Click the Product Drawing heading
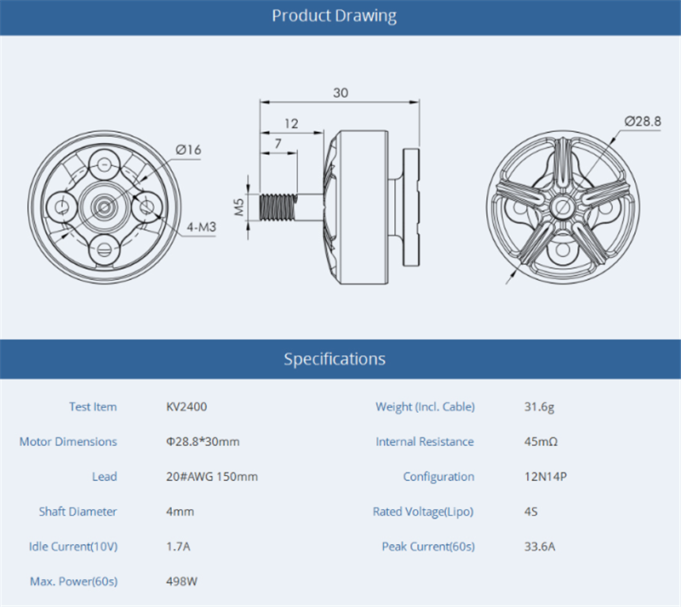click(x=334, y=16)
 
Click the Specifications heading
click(x=335, y=359)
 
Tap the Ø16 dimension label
click(x=188, y=150)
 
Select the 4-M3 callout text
click(x=201, y=226)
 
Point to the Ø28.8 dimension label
click(x=643, y=121)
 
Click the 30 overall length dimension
click(x=340, y=93)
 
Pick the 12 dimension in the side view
click(x=291, y=123)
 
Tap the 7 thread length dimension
click(x=278, y=143)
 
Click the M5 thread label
click(x=239, y=207)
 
